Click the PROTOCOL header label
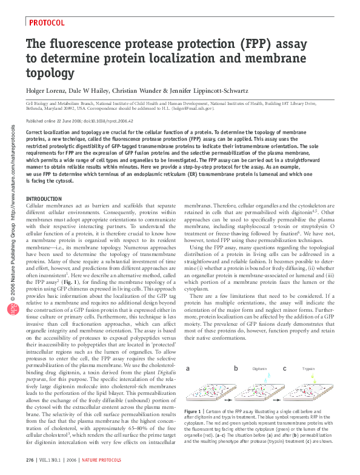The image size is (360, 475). tap(47, 22)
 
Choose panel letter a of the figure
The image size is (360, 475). tap(188, 368)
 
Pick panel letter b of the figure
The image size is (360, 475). tap(236, 368)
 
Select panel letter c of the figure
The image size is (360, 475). tap(284, 368)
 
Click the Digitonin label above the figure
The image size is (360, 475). tap(259, 369)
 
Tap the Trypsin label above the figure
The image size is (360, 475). tap(308, 369)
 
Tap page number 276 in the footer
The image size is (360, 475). tap(30, 462)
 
